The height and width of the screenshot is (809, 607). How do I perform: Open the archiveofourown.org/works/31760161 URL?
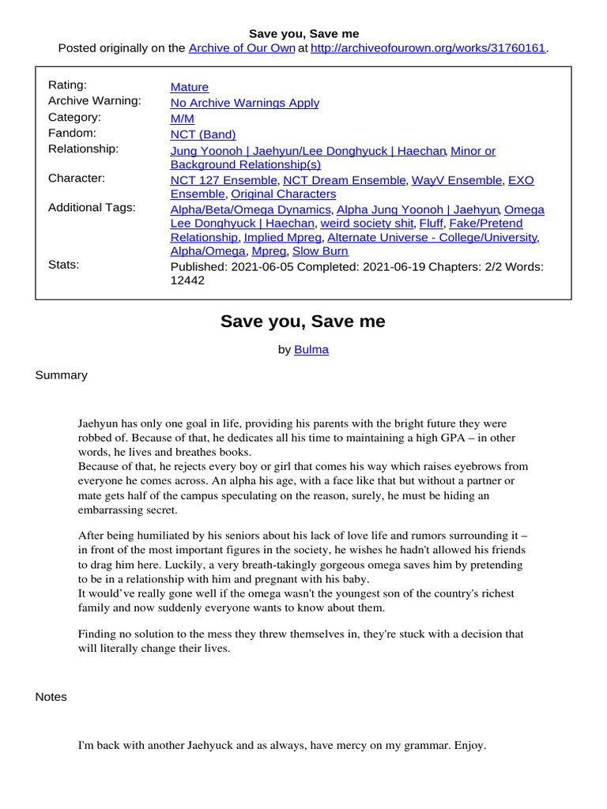click(428, 48)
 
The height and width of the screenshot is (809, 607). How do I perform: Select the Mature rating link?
click(190, 88)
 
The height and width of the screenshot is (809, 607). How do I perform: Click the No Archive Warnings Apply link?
click(245, 103)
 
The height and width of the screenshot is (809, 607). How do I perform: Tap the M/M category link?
click(182, 119)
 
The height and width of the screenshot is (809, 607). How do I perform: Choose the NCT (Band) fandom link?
click(203, 134)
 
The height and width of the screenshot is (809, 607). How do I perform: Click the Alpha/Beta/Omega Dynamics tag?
click(251, 210)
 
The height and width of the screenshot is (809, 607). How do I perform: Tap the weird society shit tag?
click(366, 224)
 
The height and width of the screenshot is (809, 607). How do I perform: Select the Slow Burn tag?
click(320, 251)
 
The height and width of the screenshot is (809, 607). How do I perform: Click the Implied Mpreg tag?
click(282, 237)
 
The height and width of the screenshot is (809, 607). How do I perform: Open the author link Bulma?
click(311, 350)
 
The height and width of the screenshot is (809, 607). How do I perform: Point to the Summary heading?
click(62, 375)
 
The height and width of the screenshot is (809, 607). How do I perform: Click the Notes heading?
click(51, 697)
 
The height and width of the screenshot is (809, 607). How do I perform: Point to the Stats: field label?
click(64, 265)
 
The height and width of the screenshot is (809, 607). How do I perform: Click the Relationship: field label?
click(84, 149)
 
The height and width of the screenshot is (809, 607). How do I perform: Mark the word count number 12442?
click(187, 280)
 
